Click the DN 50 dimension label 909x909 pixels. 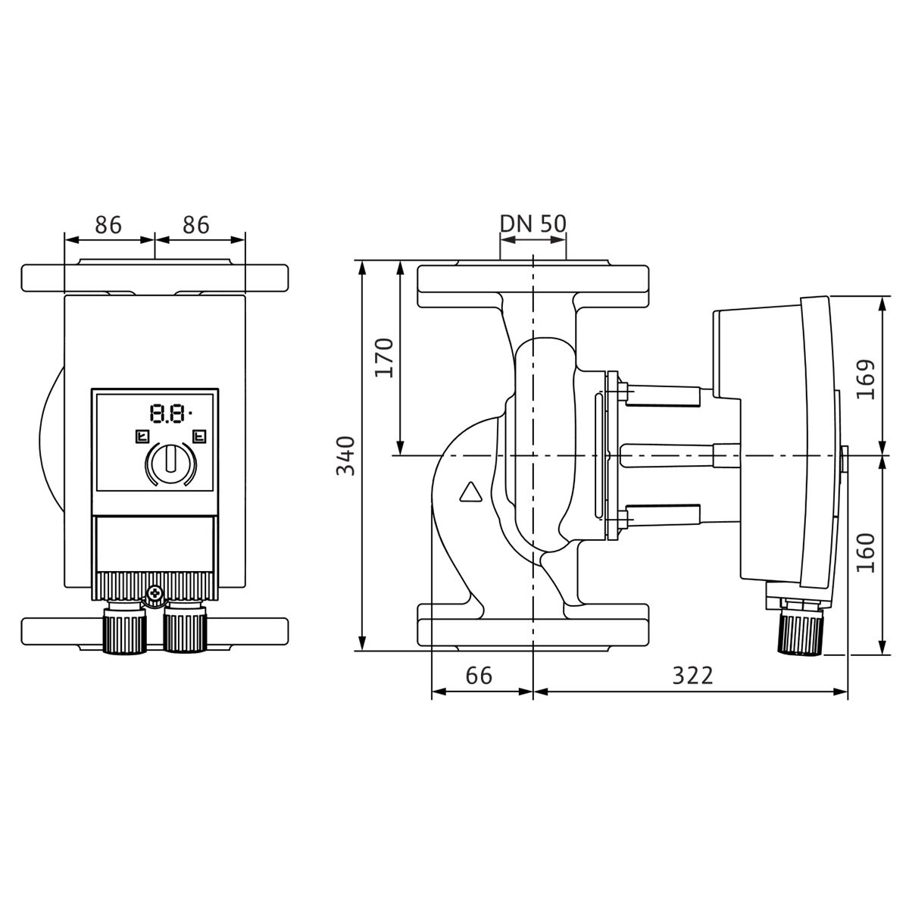click(533, 223)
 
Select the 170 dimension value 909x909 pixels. click(384, 358)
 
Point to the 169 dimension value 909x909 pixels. click(866, 380)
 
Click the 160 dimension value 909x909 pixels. click(866, 553)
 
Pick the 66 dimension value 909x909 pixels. click(479, 676)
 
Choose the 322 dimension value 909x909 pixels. click(692, 676)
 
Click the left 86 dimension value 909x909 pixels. click(108, 225)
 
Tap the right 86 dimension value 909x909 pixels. click(195, 225)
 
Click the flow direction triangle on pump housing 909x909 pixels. click(470, 492)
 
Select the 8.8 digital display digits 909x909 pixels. click(167, 414)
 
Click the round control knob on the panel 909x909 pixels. click(170, 461)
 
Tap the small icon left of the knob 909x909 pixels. click(142, 436)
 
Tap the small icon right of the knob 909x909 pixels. click(199, 436)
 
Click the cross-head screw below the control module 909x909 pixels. click(154, 592)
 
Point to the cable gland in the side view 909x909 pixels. click(800, 631)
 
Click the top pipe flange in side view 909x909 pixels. click(533, 283)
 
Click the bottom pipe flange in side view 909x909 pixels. click(533, 628)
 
